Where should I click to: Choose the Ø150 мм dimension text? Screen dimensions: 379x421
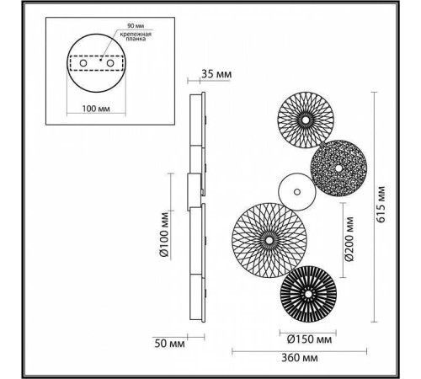coord(305,340)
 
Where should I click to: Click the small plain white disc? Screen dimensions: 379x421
coord(296,192)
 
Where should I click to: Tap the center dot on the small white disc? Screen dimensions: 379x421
coord(296,192)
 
